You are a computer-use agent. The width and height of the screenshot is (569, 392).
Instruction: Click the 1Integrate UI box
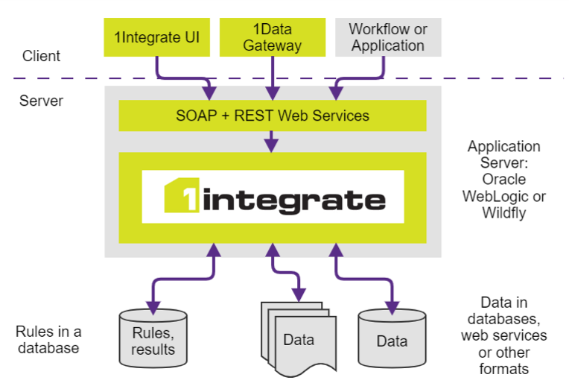click(x=156, y=37)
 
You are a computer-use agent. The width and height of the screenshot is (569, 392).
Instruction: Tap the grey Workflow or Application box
click(x=387, y=37)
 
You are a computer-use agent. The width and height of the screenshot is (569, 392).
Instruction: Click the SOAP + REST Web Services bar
click(x=272, y=116)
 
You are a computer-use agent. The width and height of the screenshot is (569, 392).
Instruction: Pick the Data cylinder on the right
click(x=392, y=341)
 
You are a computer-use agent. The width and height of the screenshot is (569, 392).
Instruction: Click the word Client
click(x=41, y=56)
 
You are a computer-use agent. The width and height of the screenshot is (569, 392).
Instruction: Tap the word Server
click(x=42, y=101)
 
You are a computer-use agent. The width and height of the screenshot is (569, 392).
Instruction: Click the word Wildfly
click(x=504, y=214)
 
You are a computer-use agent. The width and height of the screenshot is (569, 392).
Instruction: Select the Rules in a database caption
click(x=48, y=339)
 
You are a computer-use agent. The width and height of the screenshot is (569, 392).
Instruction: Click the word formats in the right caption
click(x=504, y=369)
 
